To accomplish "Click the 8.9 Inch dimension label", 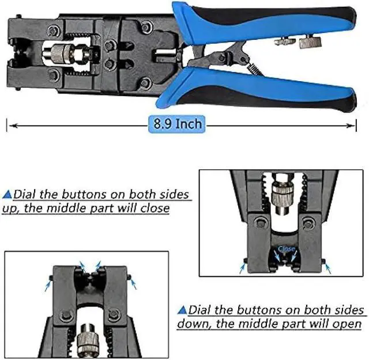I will point(177,124).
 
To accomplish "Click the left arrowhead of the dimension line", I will point(10,124).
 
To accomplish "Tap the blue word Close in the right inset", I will point(286,249).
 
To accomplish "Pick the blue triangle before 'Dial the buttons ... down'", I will point(182,310).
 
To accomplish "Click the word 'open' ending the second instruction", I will point(346,324).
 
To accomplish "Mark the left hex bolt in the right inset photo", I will point(260,223).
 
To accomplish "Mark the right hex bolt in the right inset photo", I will point(310,223).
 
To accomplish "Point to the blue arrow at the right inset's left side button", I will point(243,268).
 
